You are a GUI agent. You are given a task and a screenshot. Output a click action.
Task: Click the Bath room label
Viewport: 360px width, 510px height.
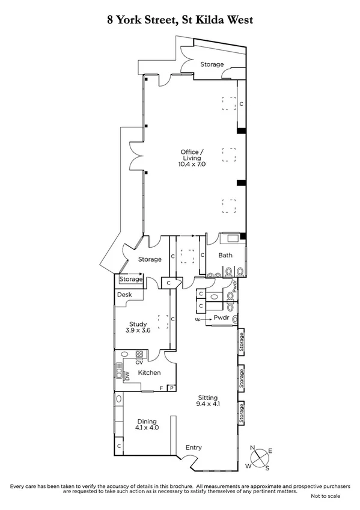tap(225, 256)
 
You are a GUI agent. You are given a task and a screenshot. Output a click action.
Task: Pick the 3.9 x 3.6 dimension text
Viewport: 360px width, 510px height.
tap(138, 331)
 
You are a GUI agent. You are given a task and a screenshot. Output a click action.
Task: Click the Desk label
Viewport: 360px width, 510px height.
tap(124, 295)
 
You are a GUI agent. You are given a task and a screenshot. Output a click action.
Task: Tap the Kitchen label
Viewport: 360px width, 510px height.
tap(149, 373)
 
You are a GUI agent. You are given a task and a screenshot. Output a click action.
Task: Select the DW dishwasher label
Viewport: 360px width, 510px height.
tap(127, 375)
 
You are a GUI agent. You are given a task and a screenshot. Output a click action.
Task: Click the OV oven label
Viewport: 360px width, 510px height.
tap(139, 363)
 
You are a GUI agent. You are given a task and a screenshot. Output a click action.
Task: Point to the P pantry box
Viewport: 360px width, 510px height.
tap(171, 389)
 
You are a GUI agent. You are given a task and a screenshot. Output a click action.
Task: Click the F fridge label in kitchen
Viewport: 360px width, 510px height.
tap(160, 389)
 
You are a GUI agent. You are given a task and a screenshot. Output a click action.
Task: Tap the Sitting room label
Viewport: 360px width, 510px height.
tap(208, 398)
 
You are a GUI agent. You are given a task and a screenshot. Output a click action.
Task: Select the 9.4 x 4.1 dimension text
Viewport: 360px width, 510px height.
tap(208, 405)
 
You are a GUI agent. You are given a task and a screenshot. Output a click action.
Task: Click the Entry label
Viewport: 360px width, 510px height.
tap(194, 447)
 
